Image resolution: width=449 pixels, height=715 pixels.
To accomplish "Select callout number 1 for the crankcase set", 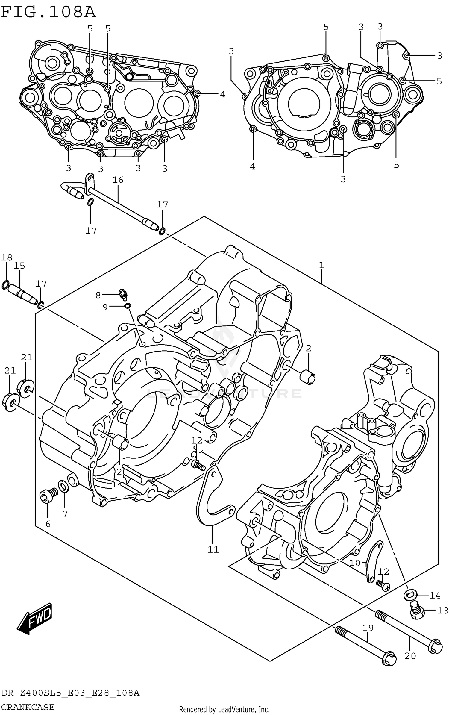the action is pos(321,265).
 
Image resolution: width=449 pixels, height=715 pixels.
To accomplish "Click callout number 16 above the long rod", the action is pos(118,180).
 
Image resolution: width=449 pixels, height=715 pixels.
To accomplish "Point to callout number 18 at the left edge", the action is pos(7,257).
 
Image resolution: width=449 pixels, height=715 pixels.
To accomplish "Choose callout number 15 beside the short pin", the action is pos(19,266).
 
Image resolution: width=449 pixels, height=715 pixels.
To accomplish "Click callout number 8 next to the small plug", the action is pos(98,296).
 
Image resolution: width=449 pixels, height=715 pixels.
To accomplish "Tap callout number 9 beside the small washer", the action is pos(105,307).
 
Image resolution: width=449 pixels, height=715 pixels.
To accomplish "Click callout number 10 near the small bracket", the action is pos(355,563).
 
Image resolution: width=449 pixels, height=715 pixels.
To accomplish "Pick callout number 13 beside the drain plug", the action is pos(443,610).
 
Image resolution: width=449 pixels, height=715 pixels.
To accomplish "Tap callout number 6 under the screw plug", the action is pos(48,524).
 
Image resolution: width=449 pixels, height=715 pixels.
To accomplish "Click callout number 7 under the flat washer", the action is pos(65,514).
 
